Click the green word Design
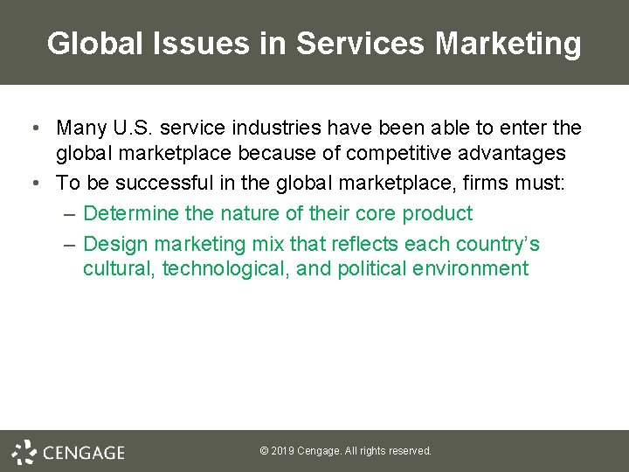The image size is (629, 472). point(114,243)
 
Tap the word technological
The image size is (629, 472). point(225,268)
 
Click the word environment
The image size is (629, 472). point(472,268)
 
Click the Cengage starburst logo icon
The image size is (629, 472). point(24,451)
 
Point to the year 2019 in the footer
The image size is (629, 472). point(282,451)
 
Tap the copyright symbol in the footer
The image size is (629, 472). point(264,451)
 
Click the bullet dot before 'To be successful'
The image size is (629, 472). point(33,183)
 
